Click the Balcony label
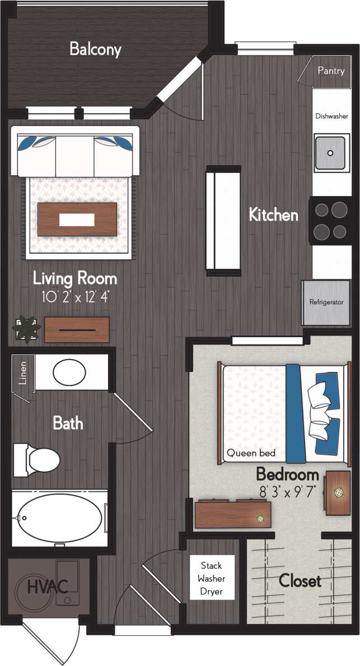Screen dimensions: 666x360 (x=95, y=49)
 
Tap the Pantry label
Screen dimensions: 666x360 (x=331, y=71)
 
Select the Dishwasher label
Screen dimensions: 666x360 (x=332, y=116)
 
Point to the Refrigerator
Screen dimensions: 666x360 (x=326, y=302)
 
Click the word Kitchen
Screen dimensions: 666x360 (x=273, y=215)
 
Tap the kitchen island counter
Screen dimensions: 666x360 (x=223, y=220)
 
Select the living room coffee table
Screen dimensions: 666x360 (x=77, y=219)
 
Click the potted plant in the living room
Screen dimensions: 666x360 (x=27, y=329)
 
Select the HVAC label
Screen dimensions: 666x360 (x=48, y=588)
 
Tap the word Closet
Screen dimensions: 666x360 (x=300, y=581)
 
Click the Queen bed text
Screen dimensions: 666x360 (x=251, y=453)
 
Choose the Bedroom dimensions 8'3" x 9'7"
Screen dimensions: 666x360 (x=288, y=491)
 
